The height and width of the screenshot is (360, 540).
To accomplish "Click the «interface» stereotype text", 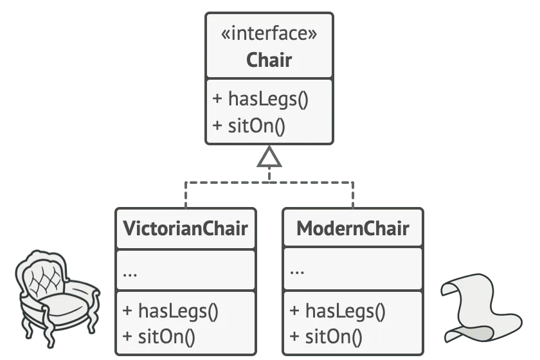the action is coord(269,34).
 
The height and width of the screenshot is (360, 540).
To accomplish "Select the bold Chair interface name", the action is coord(269,60).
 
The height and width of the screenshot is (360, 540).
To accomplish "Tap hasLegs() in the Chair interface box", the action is coord(268,99).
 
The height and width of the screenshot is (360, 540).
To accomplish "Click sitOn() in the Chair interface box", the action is coord(256,126).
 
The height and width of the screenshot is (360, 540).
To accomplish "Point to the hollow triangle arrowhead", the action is coord(269,157).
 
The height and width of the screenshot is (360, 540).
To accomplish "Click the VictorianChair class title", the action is coord(186,228).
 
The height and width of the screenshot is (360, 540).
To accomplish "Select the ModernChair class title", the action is coord(353,228).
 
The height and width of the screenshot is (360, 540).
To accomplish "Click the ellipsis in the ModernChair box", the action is coord(297,273).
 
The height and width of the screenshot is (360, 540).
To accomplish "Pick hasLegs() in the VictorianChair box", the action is coord(178,311).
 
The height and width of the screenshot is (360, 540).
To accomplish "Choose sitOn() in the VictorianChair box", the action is coord(166,337).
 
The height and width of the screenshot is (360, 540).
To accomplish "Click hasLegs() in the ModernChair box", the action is coord(345,311).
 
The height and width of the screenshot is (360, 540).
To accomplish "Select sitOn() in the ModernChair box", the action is coord(334,337).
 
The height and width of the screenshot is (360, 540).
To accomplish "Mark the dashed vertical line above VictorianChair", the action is coord(186,195).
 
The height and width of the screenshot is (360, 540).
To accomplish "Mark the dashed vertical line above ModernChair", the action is coord(353,195).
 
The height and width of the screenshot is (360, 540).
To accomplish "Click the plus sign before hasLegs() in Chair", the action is coord(217,98).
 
